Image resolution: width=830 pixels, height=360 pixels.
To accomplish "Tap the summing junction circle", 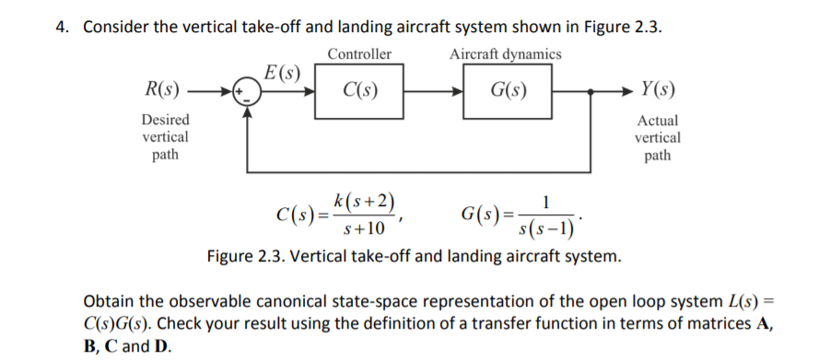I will pos(247,91).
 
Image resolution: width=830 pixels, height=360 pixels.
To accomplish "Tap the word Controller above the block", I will pos(359,54).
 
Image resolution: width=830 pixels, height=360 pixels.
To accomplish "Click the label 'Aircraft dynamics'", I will pos(506,54).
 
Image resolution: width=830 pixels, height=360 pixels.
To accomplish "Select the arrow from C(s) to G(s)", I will pos(433,91).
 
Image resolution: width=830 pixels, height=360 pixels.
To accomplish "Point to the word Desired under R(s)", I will pos(166,120).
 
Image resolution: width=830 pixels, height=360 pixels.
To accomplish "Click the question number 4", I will pos(61,26).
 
